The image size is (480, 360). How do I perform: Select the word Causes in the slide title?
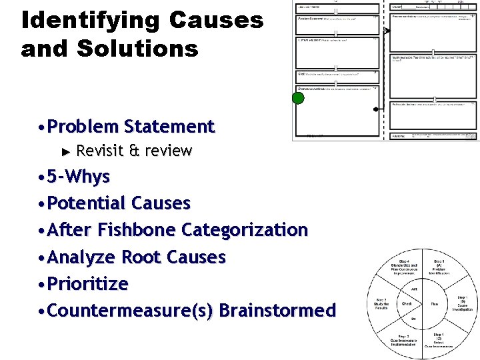click(217, 21)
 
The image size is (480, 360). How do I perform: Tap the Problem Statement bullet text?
click(131, 127)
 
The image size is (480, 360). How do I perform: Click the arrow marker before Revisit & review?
click(65, 151)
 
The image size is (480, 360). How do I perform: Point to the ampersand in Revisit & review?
click(133, 151)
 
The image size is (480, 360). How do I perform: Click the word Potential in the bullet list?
click(87, 203)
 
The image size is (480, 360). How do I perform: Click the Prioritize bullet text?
click(88, 284)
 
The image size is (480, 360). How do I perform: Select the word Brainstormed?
click(277, 311)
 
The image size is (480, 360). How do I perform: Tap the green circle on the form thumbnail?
click(298, 99)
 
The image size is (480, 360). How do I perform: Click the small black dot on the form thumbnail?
click(376, 109)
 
